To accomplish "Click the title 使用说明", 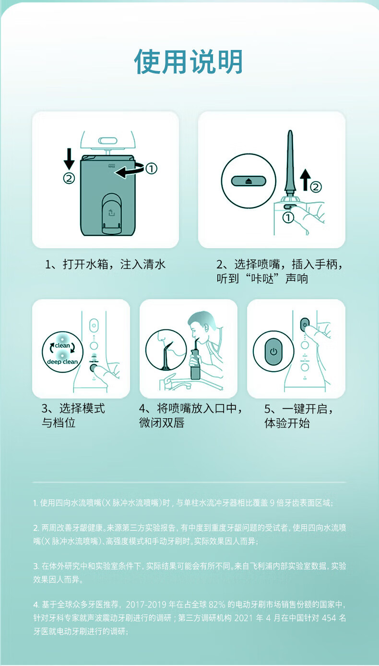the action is click(x=189, y=61).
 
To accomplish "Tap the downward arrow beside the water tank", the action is click(x=69, y=159).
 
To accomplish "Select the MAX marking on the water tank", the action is click(x=112, y=166).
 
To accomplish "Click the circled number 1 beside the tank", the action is click(x=151, y=169).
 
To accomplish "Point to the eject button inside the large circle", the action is click(x=249, y=181).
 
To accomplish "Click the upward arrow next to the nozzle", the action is click(x=305, y=180).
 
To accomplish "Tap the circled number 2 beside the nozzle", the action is click(x=316, y=187).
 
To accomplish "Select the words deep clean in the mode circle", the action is click(x=62, y=362).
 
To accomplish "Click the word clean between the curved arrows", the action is click(x=62, y=346).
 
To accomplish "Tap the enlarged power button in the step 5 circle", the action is click(x=273, y=351).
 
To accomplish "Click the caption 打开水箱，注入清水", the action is click(x=106, y=264).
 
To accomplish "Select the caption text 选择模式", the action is click(x=82, y=409).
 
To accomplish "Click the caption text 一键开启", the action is click(x=305, y=409).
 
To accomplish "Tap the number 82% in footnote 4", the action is click(x=217, y=605).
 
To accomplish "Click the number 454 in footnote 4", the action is click(x=329, y=618).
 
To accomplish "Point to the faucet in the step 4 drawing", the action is click(x=175, y=383).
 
